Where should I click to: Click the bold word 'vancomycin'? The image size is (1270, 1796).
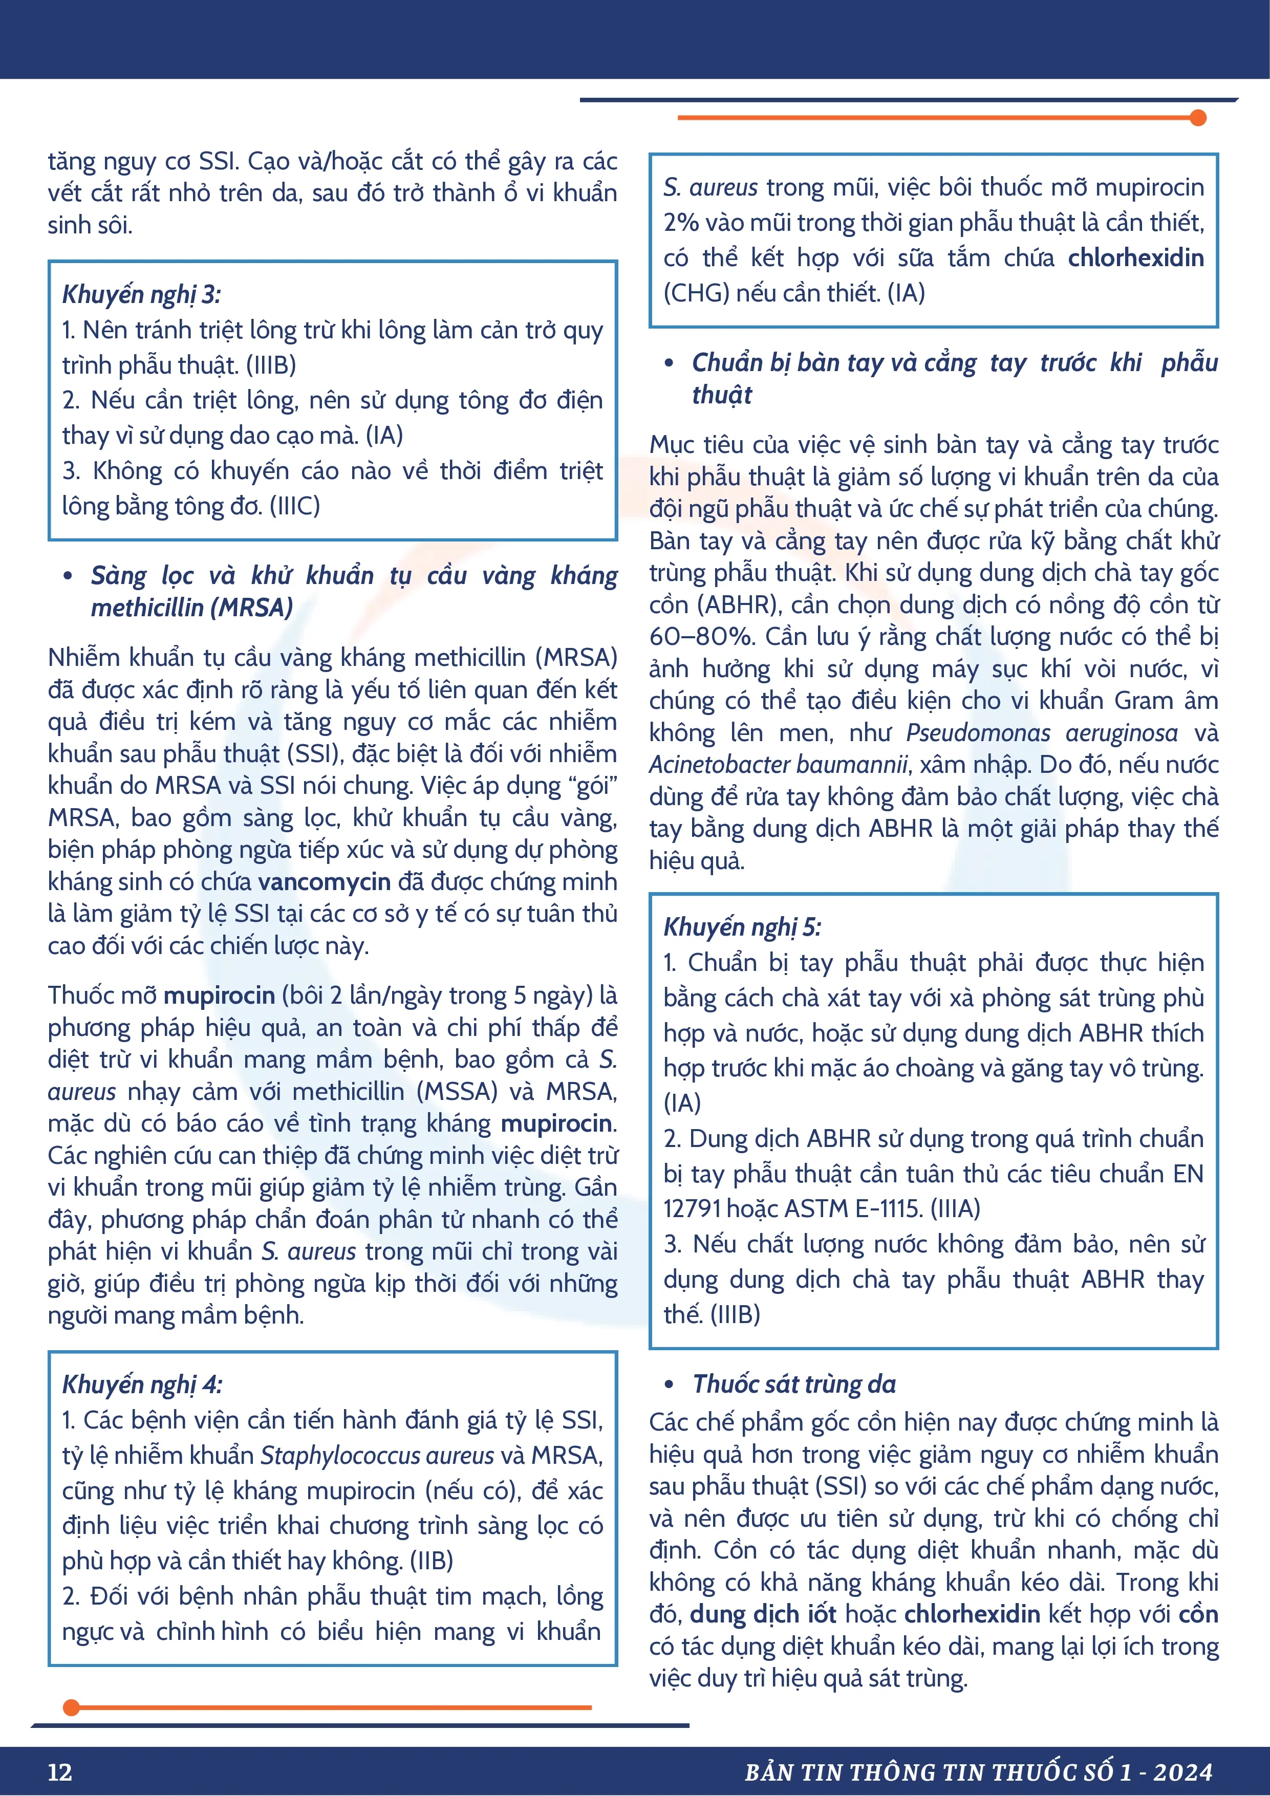pyautogui.click(x=324, y=881)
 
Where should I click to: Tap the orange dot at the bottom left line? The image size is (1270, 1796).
pyautogui.click(x=71, y=1707)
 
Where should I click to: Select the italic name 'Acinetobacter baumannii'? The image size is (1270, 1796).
pyautogui.click(x=779, y=764)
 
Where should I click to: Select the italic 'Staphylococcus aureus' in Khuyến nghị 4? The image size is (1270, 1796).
pyautogui.click(x=377, y=1455)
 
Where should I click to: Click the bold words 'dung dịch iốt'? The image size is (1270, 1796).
pyautogui.click(x=763, y=1614)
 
